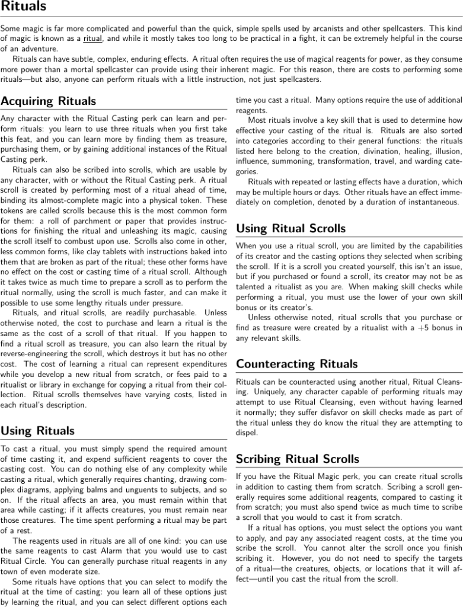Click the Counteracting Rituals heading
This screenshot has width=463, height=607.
[297, 363]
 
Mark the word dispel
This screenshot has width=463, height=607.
[247, 433]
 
